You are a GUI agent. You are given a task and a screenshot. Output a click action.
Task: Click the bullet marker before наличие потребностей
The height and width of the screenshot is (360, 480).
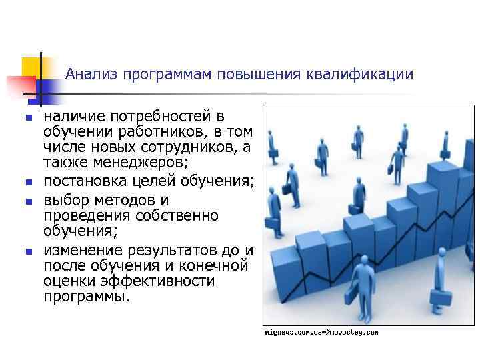pyautogui.click(x=27, y=119)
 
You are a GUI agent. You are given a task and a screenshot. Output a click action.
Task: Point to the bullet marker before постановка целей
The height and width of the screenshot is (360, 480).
pyautogui.click(x=27, y=181)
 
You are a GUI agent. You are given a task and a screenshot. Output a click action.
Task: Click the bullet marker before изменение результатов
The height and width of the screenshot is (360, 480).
pyautogui.click(x=27, y=251)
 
